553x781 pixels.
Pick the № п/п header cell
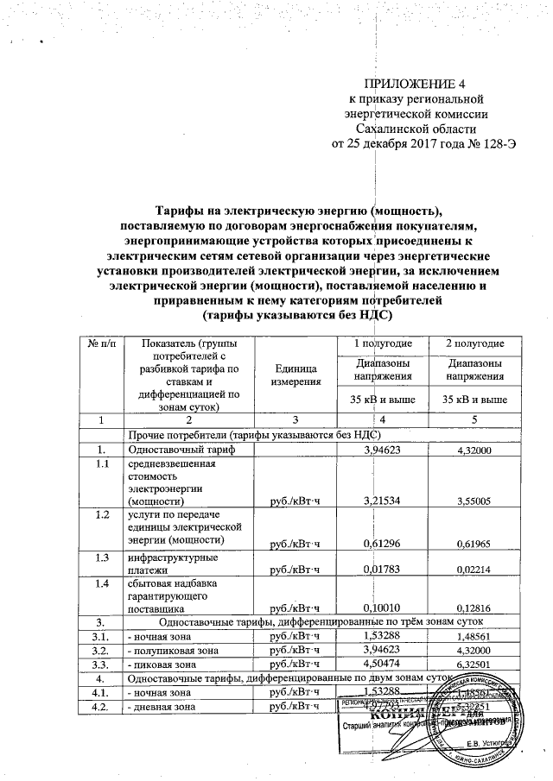100,345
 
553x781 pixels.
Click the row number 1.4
103,584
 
